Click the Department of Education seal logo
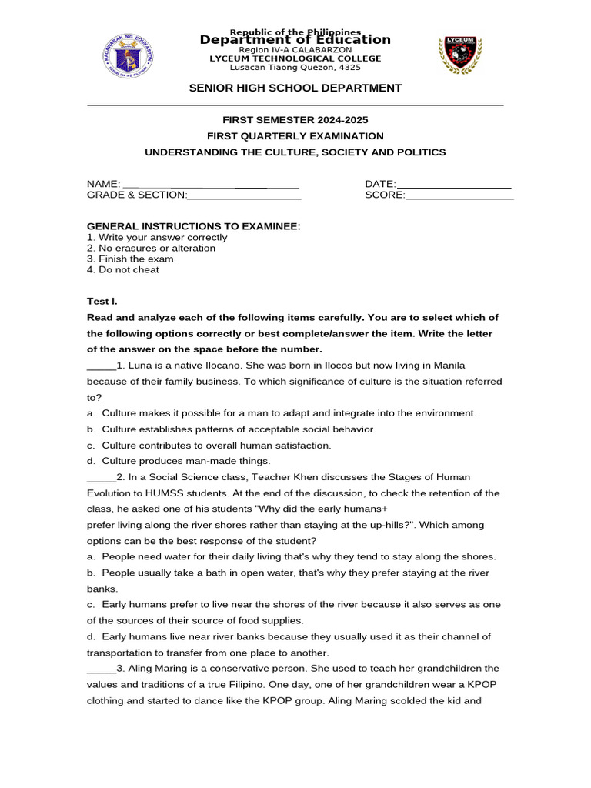pos(127,55)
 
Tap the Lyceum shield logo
pos(460,54)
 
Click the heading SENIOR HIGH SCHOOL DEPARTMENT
pos(295,88)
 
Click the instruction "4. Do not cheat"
pos(123,270)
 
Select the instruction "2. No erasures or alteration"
pos(151,249)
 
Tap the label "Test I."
pos(102,302)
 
